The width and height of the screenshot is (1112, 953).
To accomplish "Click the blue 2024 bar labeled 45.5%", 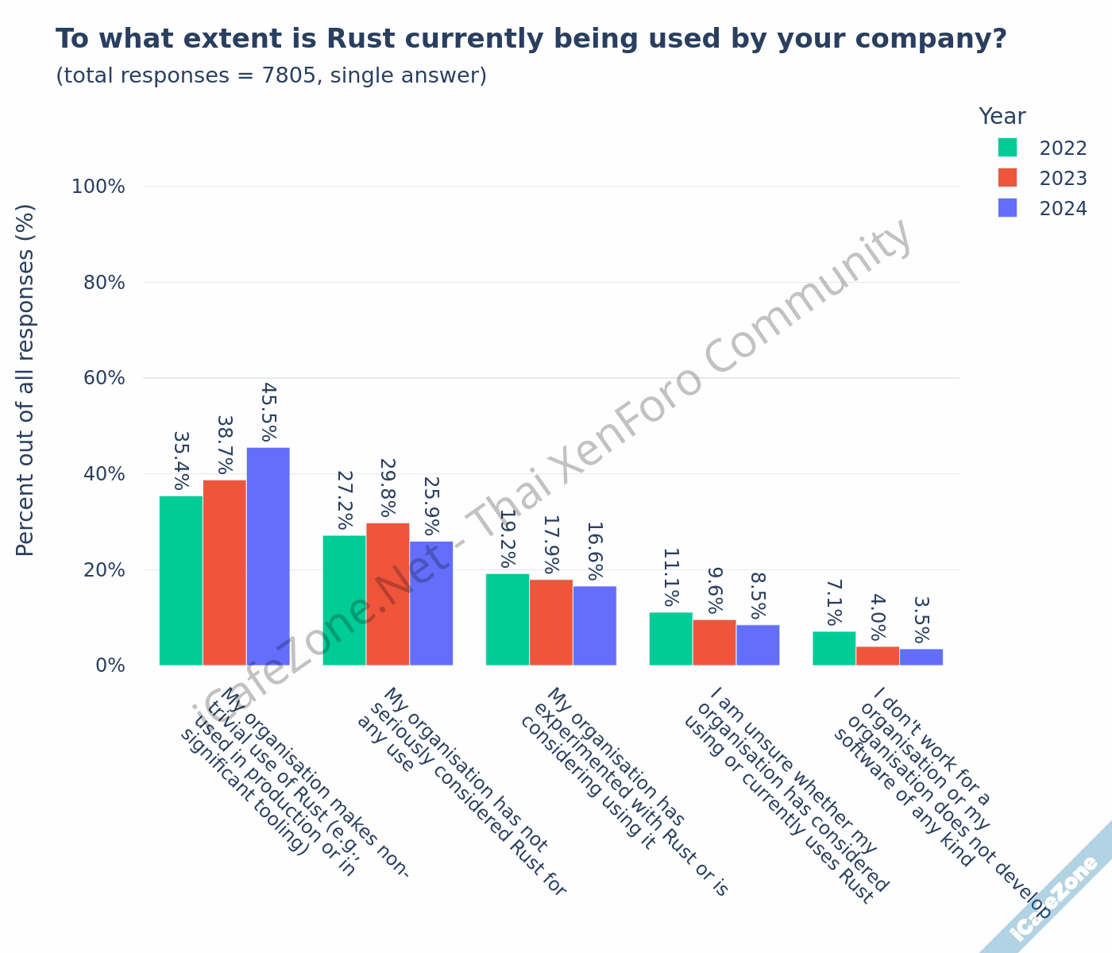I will tap(268, 556).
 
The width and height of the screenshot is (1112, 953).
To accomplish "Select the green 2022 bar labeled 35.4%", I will tap(181, 581).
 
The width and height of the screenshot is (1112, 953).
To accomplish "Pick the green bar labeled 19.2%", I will tap(508, 619).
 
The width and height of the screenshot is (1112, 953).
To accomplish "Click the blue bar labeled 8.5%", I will tap(758, 645).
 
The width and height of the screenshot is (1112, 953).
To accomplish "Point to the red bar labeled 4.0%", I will tap(878, 656).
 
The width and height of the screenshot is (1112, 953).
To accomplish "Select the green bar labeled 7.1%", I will tap(834, 648).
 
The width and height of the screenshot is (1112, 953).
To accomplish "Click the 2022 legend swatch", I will tap(1007, 148).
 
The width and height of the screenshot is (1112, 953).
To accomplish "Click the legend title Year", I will tap(1002, 117).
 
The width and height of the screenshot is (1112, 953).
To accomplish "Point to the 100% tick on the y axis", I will tap(98, 187).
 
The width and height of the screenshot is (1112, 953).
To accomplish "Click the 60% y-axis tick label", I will tap(104, 378).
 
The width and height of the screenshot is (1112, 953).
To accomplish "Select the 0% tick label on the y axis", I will tap(110, 666).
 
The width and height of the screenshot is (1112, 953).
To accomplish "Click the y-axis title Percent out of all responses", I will tap(25, 380).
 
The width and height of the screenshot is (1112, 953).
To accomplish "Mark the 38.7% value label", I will tap(225, 445).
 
